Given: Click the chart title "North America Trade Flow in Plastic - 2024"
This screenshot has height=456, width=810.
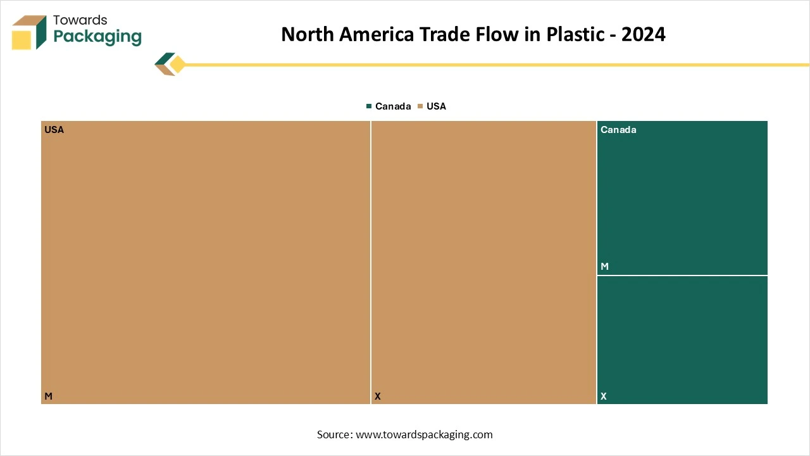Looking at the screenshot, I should tap(473, 34).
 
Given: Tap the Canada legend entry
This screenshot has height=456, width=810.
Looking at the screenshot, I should tap(392, 106).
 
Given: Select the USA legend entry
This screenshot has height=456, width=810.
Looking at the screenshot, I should tap(436, 106).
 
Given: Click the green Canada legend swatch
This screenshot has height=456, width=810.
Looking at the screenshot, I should tap(369, 106).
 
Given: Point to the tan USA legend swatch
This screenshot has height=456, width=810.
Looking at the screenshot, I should tap(420, 106).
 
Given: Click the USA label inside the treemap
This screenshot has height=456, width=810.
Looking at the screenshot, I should tap(54, 130).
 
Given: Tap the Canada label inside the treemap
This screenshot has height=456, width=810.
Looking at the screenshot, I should tap(618, 130).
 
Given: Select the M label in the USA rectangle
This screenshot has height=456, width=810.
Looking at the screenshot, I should tap(48, 396).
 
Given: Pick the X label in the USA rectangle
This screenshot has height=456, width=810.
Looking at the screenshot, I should tap(378, 396).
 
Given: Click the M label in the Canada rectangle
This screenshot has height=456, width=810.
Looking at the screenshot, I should tap(604, 267).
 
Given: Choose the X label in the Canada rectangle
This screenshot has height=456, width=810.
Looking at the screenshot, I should tap(604, 396).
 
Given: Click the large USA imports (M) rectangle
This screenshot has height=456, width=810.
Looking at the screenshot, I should tap(206, 262).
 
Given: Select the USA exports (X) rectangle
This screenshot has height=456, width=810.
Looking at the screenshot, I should tap(483, 262).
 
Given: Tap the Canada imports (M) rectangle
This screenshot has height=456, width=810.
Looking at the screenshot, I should tap(682, 198).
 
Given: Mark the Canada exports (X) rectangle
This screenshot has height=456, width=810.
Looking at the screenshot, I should tap(682, 339).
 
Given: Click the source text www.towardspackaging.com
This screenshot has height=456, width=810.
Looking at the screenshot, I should tap(424, 434).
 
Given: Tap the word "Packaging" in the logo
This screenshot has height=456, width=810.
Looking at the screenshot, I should tap(97, 37).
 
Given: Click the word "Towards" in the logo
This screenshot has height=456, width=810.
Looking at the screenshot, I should tap(80, 20).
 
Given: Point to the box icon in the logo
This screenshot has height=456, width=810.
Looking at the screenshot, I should tap(29, 32).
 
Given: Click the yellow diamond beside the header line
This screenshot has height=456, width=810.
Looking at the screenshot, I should tap(177, 65).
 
